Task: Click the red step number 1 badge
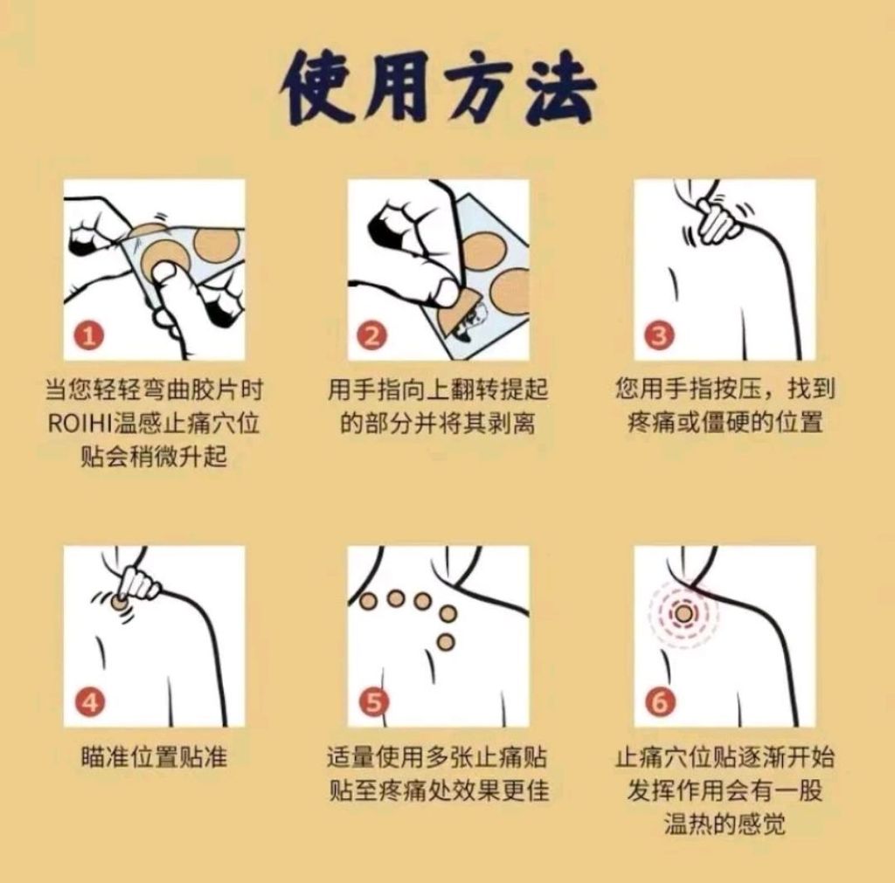(89, 335)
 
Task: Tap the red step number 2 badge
(372, 335)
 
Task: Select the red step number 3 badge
(659, 335)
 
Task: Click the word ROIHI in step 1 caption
(80, 424)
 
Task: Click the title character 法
(559, 87)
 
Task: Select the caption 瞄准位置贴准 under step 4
(155, 758)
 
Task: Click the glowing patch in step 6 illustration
(683, 614)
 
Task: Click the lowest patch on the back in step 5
(446, 642)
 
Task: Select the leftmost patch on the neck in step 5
(368, 601)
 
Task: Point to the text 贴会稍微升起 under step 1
(154, 457)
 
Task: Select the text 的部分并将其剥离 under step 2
(439, 424)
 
